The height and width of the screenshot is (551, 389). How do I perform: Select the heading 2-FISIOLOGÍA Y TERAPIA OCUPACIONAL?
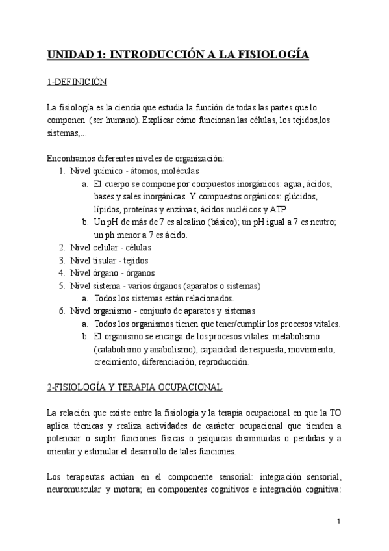134,387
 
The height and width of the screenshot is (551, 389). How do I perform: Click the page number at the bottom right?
339,522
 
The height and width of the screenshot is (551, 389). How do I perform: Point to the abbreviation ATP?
286,209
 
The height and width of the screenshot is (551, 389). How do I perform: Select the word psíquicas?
182,439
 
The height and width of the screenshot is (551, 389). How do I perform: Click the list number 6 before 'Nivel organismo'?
61,311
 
